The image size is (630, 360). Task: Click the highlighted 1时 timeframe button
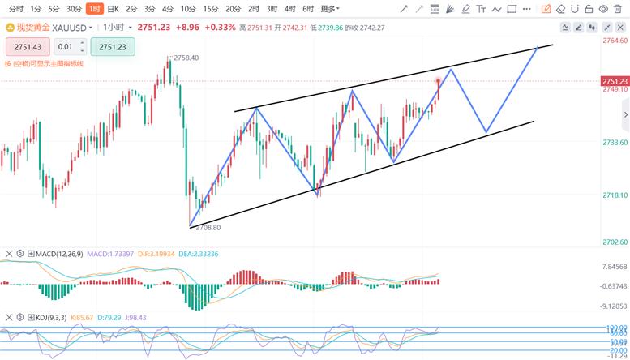(94, 9)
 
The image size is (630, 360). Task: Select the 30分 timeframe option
(74, 9)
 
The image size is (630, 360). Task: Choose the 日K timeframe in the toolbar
(113, 9)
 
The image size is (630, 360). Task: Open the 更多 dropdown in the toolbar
(329, 9)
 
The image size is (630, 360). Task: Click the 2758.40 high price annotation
(186, 58)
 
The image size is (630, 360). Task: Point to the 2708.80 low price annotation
(209, 229)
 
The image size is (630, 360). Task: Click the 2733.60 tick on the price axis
(615, 143)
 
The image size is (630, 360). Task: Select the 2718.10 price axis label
(615, 195)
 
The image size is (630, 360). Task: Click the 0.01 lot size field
(65, 47)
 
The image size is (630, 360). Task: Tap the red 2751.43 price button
(28, 47)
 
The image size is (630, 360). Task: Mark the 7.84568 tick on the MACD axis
(615, 266)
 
